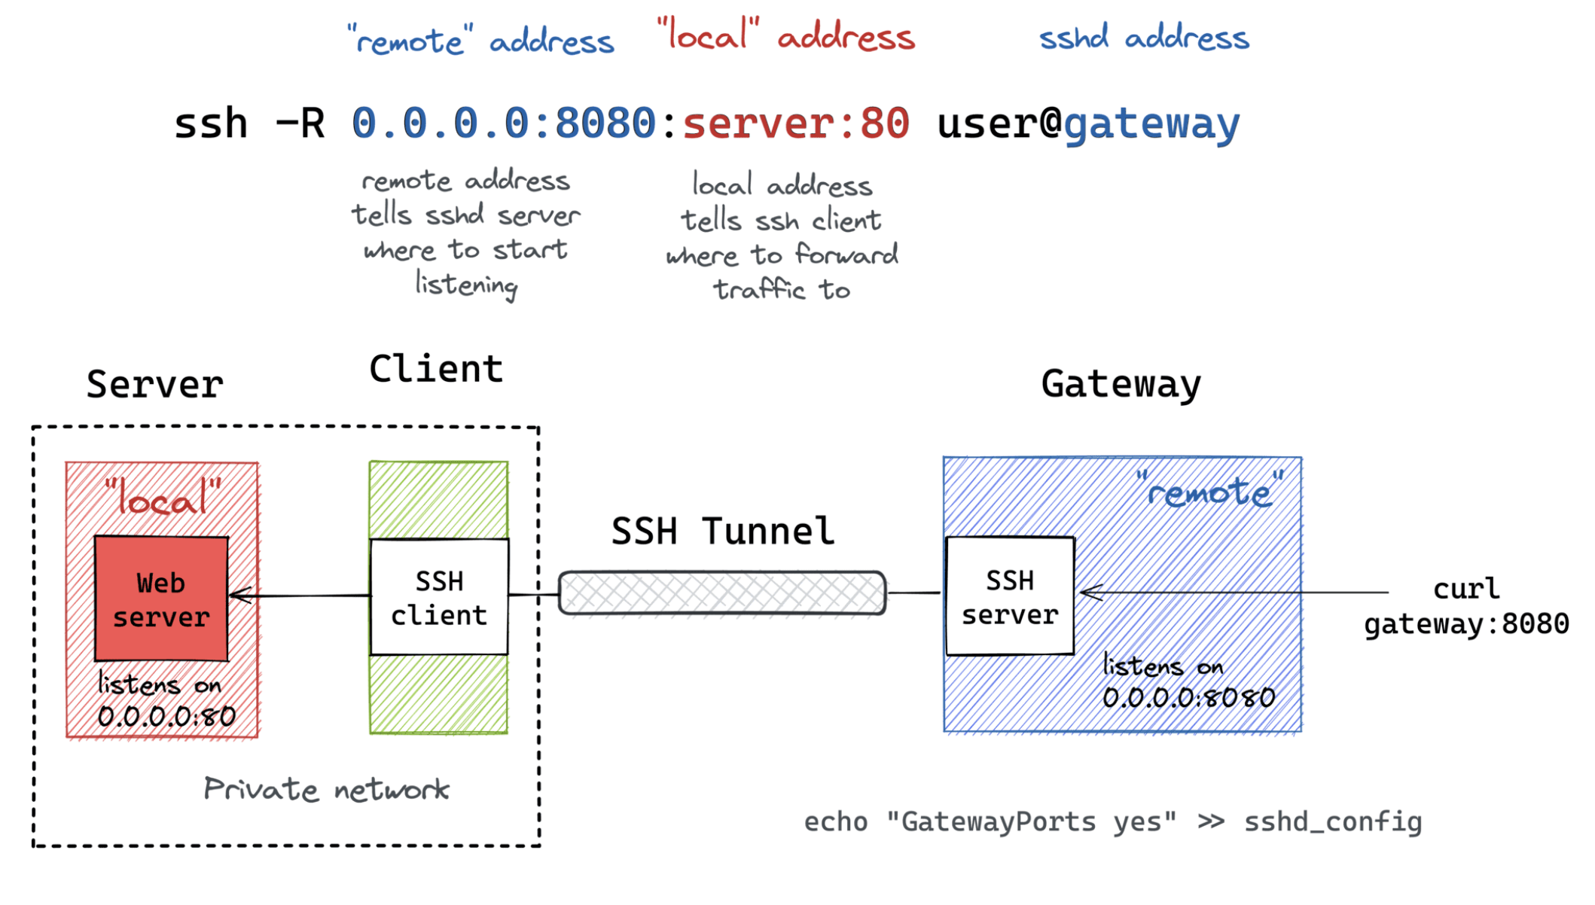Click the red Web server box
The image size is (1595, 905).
pos(161,599)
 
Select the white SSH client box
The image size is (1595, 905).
pos(439,597)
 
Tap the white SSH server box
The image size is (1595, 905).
pos(1010,596)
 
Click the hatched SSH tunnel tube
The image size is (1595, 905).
pos(721,593)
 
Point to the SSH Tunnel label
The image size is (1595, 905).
pos(722,531)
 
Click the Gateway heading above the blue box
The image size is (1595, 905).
pos(1121,385)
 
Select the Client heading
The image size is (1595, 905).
pos(436,369)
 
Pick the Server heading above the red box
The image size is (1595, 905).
pos(154,385)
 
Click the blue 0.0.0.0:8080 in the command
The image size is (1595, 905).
pos(503,123)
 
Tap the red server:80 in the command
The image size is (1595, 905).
pos(795,123)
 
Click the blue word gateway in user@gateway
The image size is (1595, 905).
pos(1151,124)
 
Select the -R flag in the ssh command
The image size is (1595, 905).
pos(300,123)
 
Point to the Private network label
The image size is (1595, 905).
pos(326,789)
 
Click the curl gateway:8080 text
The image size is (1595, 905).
pos(1466,606)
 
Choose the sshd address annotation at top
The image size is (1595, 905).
pos(1143,38)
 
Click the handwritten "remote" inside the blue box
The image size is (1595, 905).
pos(1209,491)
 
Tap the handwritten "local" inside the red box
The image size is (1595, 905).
pos(163,497)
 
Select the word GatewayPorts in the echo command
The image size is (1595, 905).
pos(998,821)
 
